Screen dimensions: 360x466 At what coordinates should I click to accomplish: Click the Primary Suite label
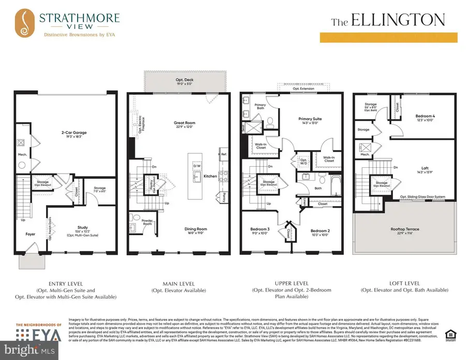[x=310, y=119]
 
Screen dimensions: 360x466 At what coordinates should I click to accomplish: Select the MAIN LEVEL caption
[x=180, y=283]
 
